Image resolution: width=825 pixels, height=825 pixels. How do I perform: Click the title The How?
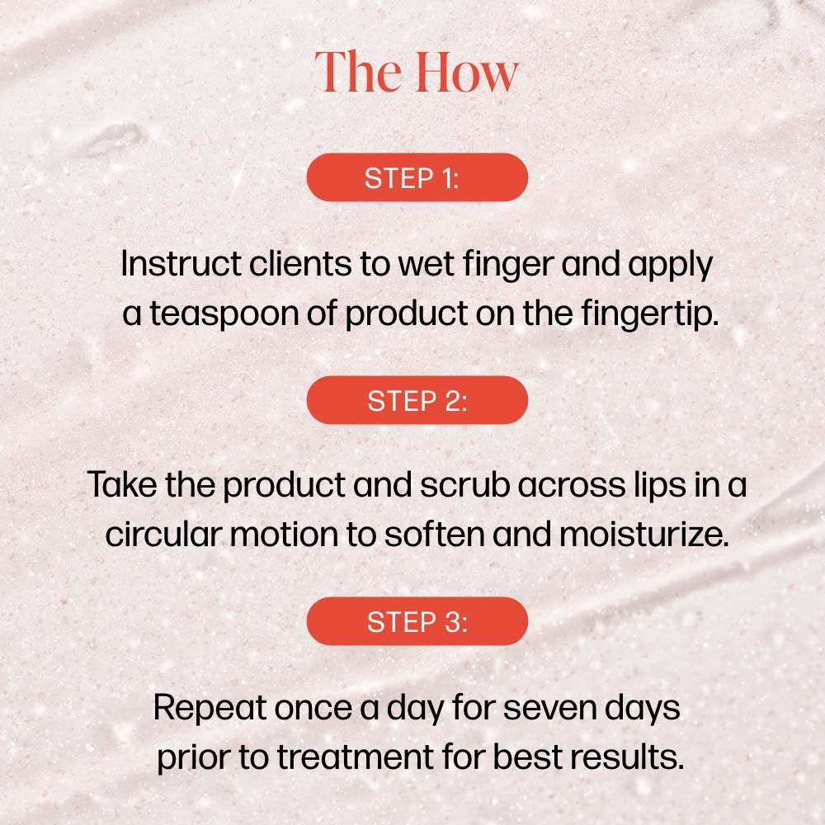[417, 72]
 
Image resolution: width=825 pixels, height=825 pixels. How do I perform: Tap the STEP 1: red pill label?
[417, 177]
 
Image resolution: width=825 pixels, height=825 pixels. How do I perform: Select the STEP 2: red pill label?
[417, 400]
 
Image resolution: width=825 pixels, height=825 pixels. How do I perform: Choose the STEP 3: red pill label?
[417, 621]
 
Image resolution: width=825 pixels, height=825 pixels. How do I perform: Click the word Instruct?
[181, 263]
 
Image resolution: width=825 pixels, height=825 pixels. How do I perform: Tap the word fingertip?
[650, 314]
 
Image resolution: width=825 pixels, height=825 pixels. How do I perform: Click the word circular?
[163, 534]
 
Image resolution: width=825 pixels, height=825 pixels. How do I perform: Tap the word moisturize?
[644, 534]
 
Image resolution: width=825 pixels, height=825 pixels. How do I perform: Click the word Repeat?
[210, 709]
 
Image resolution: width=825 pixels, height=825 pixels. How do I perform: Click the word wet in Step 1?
[426, 264]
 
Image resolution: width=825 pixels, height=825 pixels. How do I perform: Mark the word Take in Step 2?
[122, 484]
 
